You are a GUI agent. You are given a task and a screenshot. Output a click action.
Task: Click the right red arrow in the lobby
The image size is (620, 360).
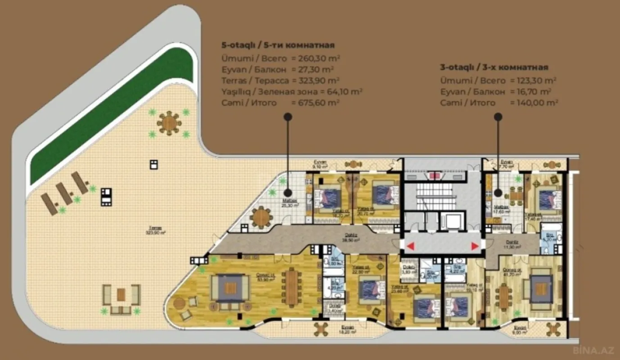click(475, 246)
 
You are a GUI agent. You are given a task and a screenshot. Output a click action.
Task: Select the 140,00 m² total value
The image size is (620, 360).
click(534, 103)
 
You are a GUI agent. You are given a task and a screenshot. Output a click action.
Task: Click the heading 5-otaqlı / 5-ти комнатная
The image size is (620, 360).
click(277, 45)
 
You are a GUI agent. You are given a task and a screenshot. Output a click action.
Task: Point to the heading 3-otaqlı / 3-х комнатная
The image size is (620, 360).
click(494, 67)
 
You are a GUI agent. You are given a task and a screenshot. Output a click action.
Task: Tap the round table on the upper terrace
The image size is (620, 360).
click(169, 123)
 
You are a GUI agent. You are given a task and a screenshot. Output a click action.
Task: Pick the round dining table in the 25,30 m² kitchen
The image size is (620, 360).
click(262, 217)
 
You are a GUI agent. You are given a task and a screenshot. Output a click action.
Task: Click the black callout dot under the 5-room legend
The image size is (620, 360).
click(288, 117)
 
